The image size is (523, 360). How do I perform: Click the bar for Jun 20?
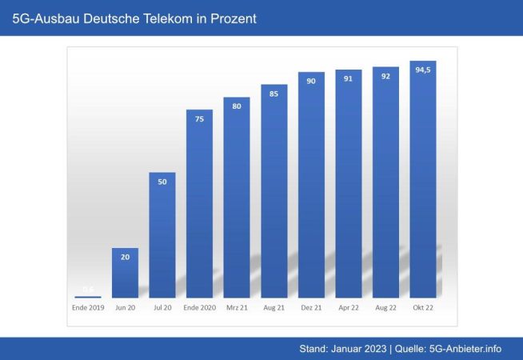coord(125,272)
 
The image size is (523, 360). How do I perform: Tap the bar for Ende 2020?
coord(199,203)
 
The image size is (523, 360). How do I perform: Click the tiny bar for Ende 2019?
coord(88,296)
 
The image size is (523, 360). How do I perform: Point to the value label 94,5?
coord(423,70)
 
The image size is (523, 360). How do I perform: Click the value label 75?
coord(199,118)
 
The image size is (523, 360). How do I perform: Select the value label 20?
coord(125,257)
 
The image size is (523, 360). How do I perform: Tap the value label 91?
coord(349,78)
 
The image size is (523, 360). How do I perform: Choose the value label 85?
coord(274,93)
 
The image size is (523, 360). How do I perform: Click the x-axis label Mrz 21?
coord(237,307)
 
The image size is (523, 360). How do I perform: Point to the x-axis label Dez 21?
coord(311,307)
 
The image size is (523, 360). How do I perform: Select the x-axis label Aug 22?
coord(386,307)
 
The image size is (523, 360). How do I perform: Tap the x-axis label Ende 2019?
coord(88,307)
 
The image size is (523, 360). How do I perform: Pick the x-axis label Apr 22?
coord(349,307)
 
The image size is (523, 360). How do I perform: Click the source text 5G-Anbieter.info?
coord(466,348)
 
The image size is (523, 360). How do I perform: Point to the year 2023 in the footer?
coord(373,348)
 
